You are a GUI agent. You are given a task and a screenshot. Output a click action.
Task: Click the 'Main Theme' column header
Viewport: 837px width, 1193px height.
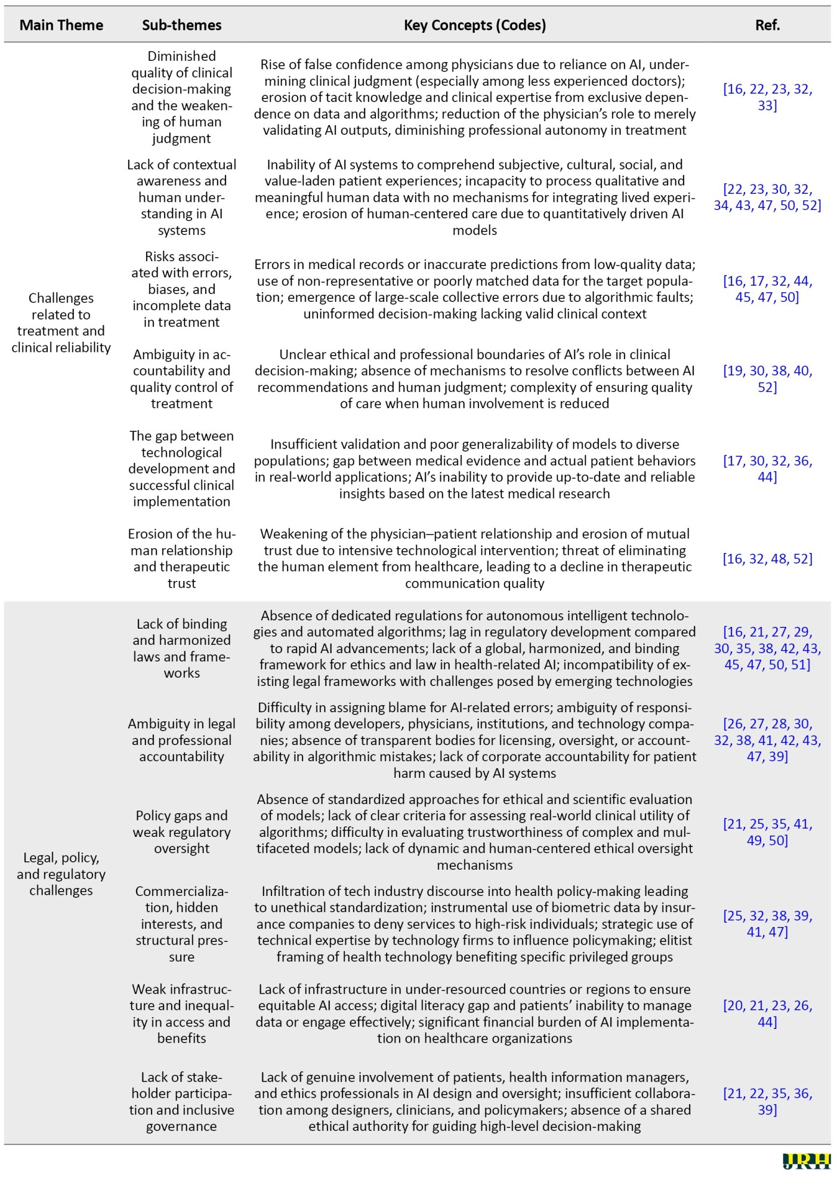click(x=61, y=25)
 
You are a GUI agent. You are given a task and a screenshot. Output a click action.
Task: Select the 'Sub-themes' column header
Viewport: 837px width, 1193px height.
click(x=181, y=25)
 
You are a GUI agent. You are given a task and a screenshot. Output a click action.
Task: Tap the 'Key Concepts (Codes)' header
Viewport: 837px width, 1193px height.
click(x=474, y=25)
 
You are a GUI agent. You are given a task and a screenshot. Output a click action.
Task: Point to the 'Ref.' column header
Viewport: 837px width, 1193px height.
click(x=767, y=25)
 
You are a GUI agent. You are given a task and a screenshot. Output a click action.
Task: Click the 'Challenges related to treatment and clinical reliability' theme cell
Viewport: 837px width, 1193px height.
click(x=61, y=323)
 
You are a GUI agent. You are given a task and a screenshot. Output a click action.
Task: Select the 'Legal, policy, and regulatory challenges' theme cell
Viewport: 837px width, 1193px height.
click(x=61, y=874)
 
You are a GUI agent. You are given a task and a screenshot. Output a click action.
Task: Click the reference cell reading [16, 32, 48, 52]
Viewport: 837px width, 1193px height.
click(x=767, y=559)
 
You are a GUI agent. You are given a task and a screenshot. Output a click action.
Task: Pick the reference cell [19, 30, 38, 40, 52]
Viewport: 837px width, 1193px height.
click(x=767, y=379)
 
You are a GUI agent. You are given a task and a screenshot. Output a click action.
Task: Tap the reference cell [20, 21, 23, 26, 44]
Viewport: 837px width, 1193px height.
click(x=767, y=1013)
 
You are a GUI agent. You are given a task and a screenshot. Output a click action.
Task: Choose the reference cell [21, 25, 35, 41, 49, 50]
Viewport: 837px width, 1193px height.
click(x=767, y=832)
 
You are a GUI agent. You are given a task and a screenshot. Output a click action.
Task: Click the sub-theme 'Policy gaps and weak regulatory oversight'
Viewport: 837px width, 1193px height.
click(x=181, y=832)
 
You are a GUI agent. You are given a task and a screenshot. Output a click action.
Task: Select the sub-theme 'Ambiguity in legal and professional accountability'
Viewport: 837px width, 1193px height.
click(x=181, y=740)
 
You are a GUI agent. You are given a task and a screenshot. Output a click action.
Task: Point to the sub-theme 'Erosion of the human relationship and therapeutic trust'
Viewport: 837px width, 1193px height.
click(x=181, y=559)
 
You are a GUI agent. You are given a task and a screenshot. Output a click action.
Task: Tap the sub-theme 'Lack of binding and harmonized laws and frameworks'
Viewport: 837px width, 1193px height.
click(x=181, y=648)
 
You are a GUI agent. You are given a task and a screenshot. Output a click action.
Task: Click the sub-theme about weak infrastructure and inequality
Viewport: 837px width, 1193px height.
click(x=181, y=1013)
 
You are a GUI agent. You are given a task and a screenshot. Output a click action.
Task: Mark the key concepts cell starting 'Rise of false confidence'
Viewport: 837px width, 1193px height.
click(x=474, y=97)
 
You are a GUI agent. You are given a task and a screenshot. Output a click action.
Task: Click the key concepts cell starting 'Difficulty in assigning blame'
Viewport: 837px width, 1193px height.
click(x=474, y=740)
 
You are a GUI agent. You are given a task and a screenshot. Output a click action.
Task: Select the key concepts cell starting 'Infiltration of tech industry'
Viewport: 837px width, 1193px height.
click(x=474, y=924)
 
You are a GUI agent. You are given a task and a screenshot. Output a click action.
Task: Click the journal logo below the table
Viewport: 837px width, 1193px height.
click(x=806, y=1161)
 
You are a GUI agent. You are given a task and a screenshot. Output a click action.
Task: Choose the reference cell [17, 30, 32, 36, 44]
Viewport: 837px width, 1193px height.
click(x=767, y=469)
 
